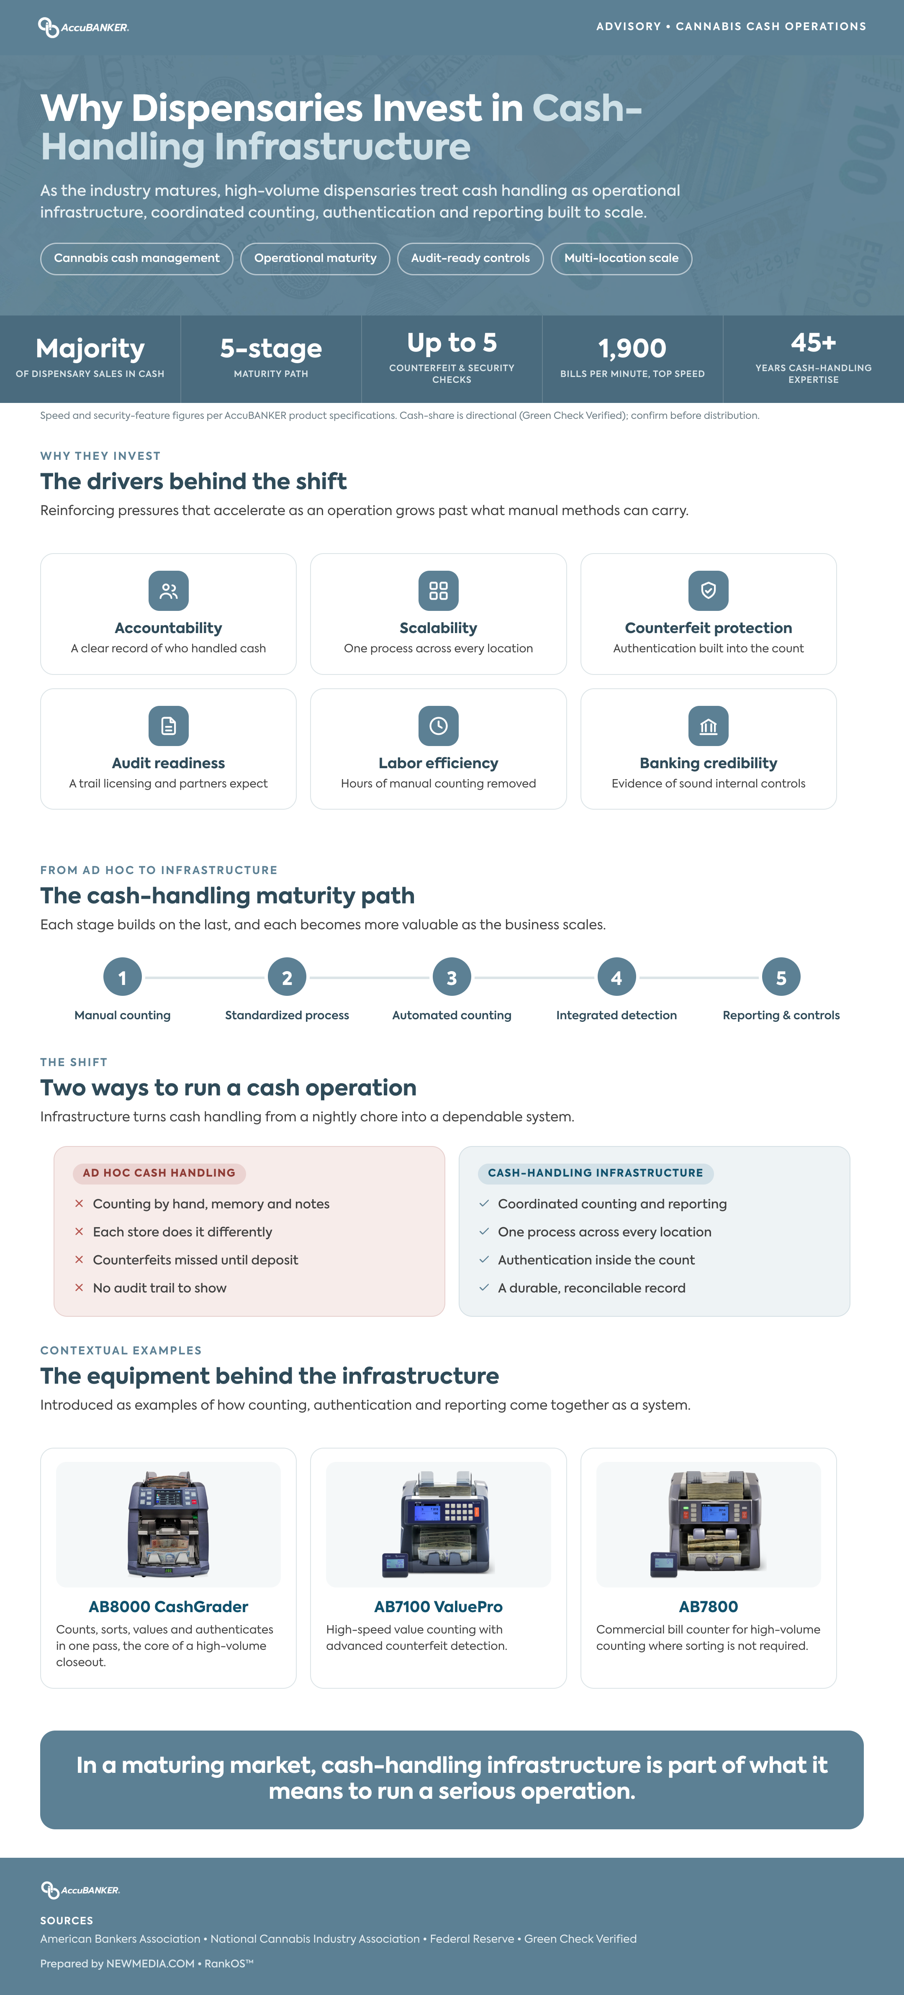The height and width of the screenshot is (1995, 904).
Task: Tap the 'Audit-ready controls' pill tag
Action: (x=470, y=258)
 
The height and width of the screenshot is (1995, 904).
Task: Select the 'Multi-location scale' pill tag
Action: (x=621, y=258)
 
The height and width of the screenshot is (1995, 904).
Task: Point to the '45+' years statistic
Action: (x=813, y=342)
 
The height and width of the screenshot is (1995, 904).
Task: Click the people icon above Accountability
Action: (x=168, y=591)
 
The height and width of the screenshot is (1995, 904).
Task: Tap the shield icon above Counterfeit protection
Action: (x=708, y=591)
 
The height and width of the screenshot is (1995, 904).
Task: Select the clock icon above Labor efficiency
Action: (x=439, y=726)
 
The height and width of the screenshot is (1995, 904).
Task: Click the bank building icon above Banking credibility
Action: (x=708, y=726)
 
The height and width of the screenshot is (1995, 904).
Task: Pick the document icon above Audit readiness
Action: (x=168, y=726)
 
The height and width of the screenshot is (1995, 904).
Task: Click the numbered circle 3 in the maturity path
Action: (x=452, y=977)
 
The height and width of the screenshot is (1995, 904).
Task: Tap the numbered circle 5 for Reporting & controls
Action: (x=781, y=977)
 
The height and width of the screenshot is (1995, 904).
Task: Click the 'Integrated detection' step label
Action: (x=616, y=1015)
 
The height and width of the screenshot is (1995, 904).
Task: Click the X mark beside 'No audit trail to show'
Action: (x=79, y=1288)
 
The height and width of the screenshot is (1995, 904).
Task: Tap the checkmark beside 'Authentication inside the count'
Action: (x=484, y=1260)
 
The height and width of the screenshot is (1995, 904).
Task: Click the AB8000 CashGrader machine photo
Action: (x=168, y=1525)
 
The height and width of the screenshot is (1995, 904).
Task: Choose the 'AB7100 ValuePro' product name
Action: (x=439, y=1607)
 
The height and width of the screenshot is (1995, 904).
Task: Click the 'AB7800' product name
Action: (x=708, y=1607)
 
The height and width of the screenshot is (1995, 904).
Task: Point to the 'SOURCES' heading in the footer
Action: (x=67, y=1921)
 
